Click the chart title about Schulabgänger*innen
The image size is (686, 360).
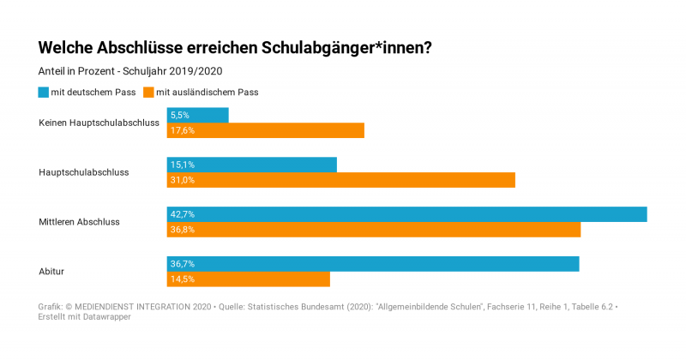pyautogui.click(x=235, y=47)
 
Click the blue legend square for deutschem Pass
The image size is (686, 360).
pyautogui.click(x=44, y=92)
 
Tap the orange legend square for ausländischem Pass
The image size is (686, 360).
pyautogui.click(x=148, y=92)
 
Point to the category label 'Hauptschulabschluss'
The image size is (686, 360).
pyautogui.click(x=83, y=172)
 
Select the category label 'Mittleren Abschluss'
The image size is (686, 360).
pyautogui.click(x=79, y=222)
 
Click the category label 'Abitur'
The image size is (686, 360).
pyautogui.click(x=51, y=272)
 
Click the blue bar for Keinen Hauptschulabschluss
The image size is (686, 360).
pyautogui.click(x=198, y=115)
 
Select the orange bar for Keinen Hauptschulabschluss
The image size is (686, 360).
pyautogui.click(x=266, y=130)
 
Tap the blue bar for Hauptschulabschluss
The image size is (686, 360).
pyautogui.click(x=252, y=165)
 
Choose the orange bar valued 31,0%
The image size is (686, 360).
pyautogui.click(x=341, y=180)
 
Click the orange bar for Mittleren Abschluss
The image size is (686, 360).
pyautogui.click(x=374, y=230)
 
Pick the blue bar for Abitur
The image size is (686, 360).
pyautogui.click(x=373, y=264)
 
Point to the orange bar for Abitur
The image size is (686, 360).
pyautogui.click(x=249, y=279)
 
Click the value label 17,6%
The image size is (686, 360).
pyautogui.click(x=183, y=130)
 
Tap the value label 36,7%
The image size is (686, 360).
pyautogui.click(x=183, y=264)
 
